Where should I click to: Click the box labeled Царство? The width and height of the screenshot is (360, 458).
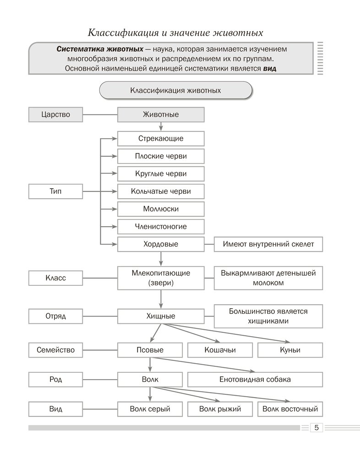55,114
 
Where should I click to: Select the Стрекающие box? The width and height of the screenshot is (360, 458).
161,138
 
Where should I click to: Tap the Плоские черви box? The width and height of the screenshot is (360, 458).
161,156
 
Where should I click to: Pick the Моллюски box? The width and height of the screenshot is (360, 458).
161,209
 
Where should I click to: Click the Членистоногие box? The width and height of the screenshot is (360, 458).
161,226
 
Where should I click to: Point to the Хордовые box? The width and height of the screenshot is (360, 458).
161,244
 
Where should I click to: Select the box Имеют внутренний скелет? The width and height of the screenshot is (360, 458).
268,244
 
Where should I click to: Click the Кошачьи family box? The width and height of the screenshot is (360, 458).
220,350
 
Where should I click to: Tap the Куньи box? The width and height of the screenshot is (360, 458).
290,350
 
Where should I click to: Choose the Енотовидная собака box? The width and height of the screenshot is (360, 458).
255,380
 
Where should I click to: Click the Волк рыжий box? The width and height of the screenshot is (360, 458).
220,409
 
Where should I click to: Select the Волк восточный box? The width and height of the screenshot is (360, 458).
290,409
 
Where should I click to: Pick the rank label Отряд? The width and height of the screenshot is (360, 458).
55,316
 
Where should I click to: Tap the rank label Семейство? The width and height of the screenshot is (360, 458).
55,350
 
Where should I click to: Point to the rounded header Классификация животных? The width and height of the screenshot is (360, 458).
175,90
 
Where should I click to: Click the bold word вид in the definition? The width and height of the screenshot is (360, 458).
271,68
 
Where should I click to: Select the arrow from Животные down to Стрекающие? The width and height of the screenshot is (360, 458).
161,127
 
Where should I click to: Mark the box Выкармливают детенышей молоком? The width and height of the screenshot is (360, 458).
268,278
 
